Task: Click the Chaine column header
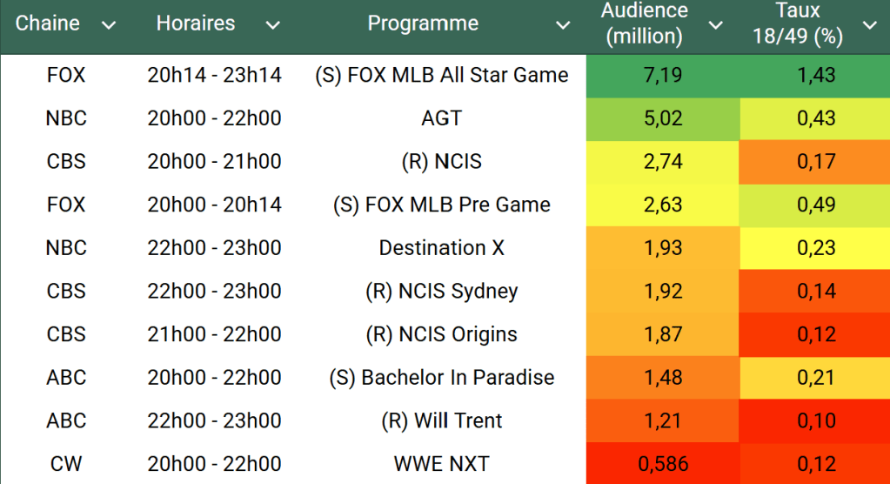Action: (x=48, y=24)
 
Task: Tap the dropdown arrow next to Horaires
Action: (x=272, y=26)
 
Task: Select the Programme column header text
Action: (x=423, y=24)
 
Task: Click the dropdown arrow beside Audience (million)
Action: (x=715, y=25)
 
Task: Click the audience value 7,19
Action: (x=663, y=76)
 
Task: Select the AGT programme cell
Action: (x=441, y=118)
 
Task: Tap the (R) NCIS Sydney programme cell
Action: (x=441, y=291)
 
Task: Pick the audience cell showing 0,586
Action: (x=663, y=464)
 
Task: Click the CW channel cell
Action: (x=66, y=464)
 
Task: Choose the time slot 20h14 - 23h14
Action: (x=215, y=76)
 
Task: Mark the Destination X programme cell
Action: (x=441, y=248)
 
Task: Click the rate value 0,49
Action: (x=816, y=205)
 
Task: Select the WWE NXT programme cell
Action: (x=441, y=464)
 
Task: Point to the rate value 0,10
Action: (x=816, y=420)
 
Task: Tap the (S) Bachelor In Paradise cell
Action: (x=441, y=378)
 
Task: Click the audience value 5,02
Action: (x=663, y=118)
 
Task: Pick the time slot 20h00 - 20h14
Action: (x=215, y=205)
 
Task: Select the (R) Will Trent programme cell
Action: (x=441, y=420)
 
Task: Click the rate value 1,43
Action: (x=816, y=76)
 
